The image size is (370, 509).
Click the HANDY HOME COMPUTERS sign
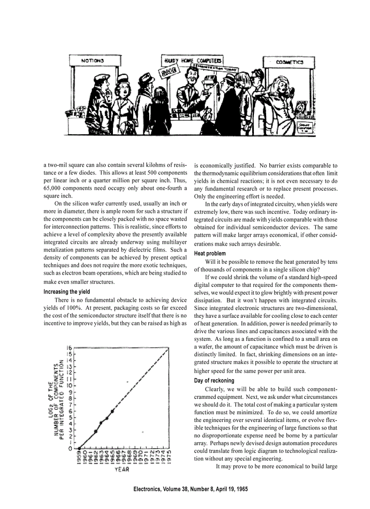coord(193,60)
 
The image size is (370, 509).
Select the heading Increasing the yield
coord(67,291)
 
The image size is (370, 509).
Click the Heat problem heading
coord(209,253)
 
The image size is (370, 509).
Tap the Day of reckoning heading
coord(214,380)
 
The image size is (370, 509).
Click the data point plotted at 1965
coord(112,411)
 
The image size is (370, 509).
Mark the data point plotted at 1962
coord(96,431)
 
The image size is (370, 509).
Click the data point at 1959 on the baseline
coord(79,449)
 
